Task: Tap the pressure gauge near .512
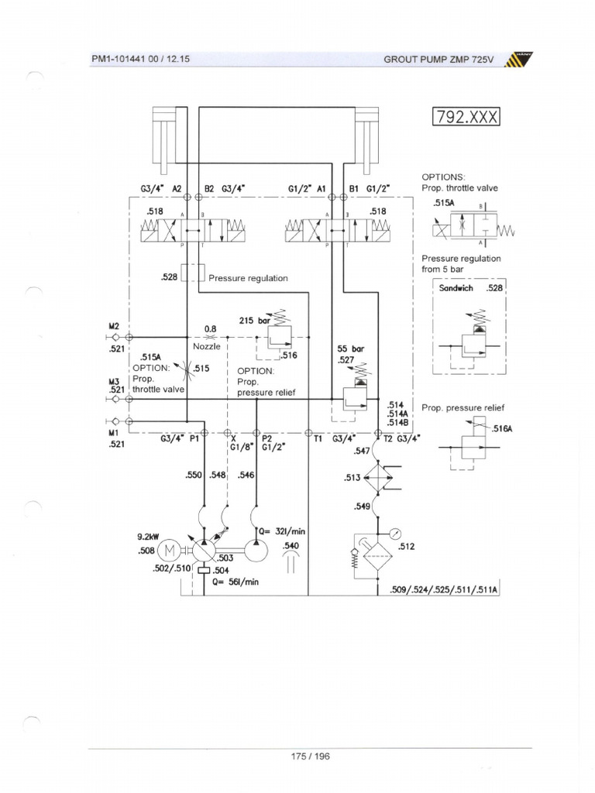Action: pyautogui.click(x=396, y=533)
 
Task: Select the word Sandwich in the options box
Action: pyautogui.click(x=459, y=288)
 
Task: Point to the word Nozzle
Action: pyautogui.click(x=207, y=347)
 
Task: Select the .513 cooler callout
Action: pyautogui.click(x=353, y=478)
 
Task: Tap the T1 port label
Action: pyautogui.click(x=318, y=439)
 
